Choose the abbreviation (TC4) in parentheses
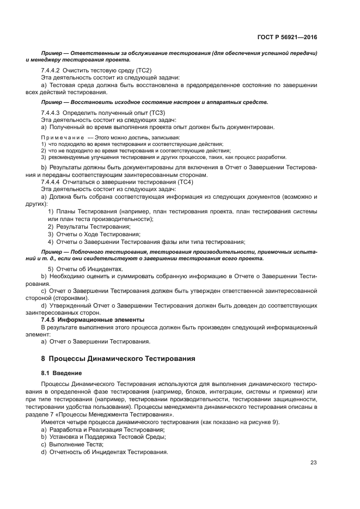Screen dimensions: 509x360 point(177,182)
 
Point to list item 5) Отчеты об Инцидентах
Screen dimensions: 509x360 point(85,269)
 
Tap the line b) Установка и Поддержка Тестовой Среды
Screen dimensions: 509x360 point(103,437)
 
